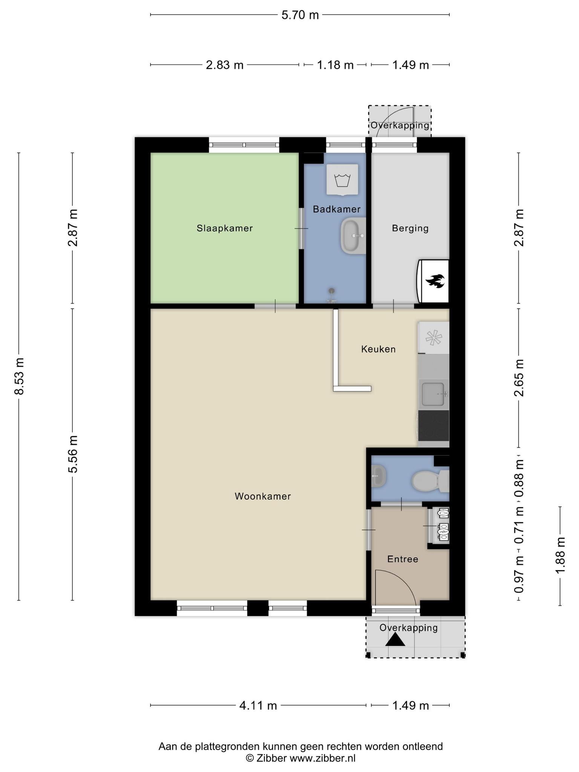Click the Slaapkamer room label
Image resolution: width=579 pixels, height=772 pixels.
[x=225, y=228]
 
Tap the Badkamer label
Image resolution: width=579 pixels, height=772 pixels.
[x=337, y=209]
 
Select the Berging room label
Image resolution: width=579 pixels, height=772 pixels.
[x=410, y=228]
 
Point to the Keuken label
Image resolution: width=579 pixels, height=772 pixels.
[x=378, y=349]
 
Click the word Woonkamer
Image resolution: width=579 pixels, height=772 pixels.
[x=263, y=496]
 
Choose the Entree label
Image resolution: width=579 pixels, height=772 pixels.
[x=403, y=559]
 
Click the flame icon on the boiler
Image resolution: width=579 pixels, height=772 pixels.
[x=435, y=281]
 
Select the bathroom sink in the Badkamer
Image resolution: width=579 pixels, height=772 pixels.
[x=353, y=236]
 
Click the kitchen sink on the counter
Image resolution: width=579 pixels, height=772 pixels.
[x=433, y=394]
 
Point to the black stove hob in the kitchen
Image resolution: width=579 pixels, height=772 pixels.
[x=433, y=426]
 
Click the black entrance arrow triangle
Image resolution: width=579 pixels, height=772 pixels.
[x=395, y=640]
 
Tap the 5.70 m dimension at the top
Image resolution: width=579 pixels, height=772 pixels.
[x=300, y=15]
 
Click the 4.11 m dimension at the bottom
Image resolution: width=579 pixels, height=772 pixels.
[x=258, y=705]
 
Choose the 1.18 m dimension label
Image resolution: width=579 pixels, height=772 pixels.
[x=335, y=65]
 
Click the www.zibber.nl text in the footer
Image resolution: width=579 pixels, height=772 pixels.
[x=322, y=758]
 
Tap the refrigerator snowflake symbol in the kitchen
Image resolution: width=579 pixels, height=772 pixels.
[x=433, y=337]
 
